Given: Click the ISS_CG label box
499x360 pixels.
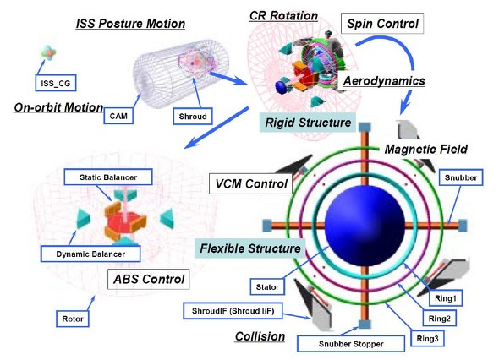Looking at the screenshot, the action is pos(55,83).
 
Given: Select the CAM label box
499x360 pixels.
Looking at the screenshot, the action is pos(118,116).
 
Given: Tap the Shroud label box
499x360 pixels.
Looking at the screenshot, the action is pos(193,117).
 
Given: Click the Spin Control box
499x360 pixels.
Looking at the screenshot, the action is pos(382,24).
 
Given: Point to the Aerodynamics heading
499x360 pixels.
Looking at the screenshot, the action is pos(384,81).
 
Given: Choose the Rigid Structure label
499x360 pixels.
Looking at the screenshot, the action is pos(308,123).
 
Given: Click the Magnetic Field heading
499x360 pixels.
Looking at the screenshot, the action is pos(425,149).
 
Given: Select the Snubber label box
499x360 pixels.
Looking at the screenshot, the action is pos(460,177).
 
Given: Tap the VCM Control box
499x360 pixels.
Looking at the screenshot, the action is pos(251,184).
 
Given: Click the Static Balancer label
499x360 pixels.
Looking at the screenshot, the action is pos(108,177).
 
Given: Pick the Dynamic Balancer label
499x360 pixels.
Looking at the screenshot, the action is pos(90,254).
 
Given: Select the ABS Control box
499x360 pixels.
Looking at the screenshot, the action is pos(149,279).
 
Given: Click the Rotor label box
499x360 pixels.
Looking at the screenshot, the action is pos(73,319).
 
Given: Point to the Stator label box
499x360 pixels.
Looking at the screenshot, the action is pos(267,286).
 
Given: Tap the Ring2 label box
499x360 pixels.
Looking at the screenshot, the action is pos(439,319).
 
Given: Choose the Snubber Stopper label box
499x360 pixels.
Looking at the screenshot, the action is pos(351,344).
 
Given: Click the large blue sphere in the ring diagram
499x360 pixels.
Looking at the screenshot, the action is pos(365,225).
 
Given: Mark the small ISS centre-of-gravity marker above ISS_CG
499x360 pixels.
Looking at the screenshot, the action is pos(48,52).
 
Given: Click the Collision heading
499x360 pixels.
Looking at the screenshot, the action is pos(260,336).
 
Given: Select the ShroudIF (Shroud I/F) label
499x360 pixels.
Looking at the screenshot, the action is pos(233,311).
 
